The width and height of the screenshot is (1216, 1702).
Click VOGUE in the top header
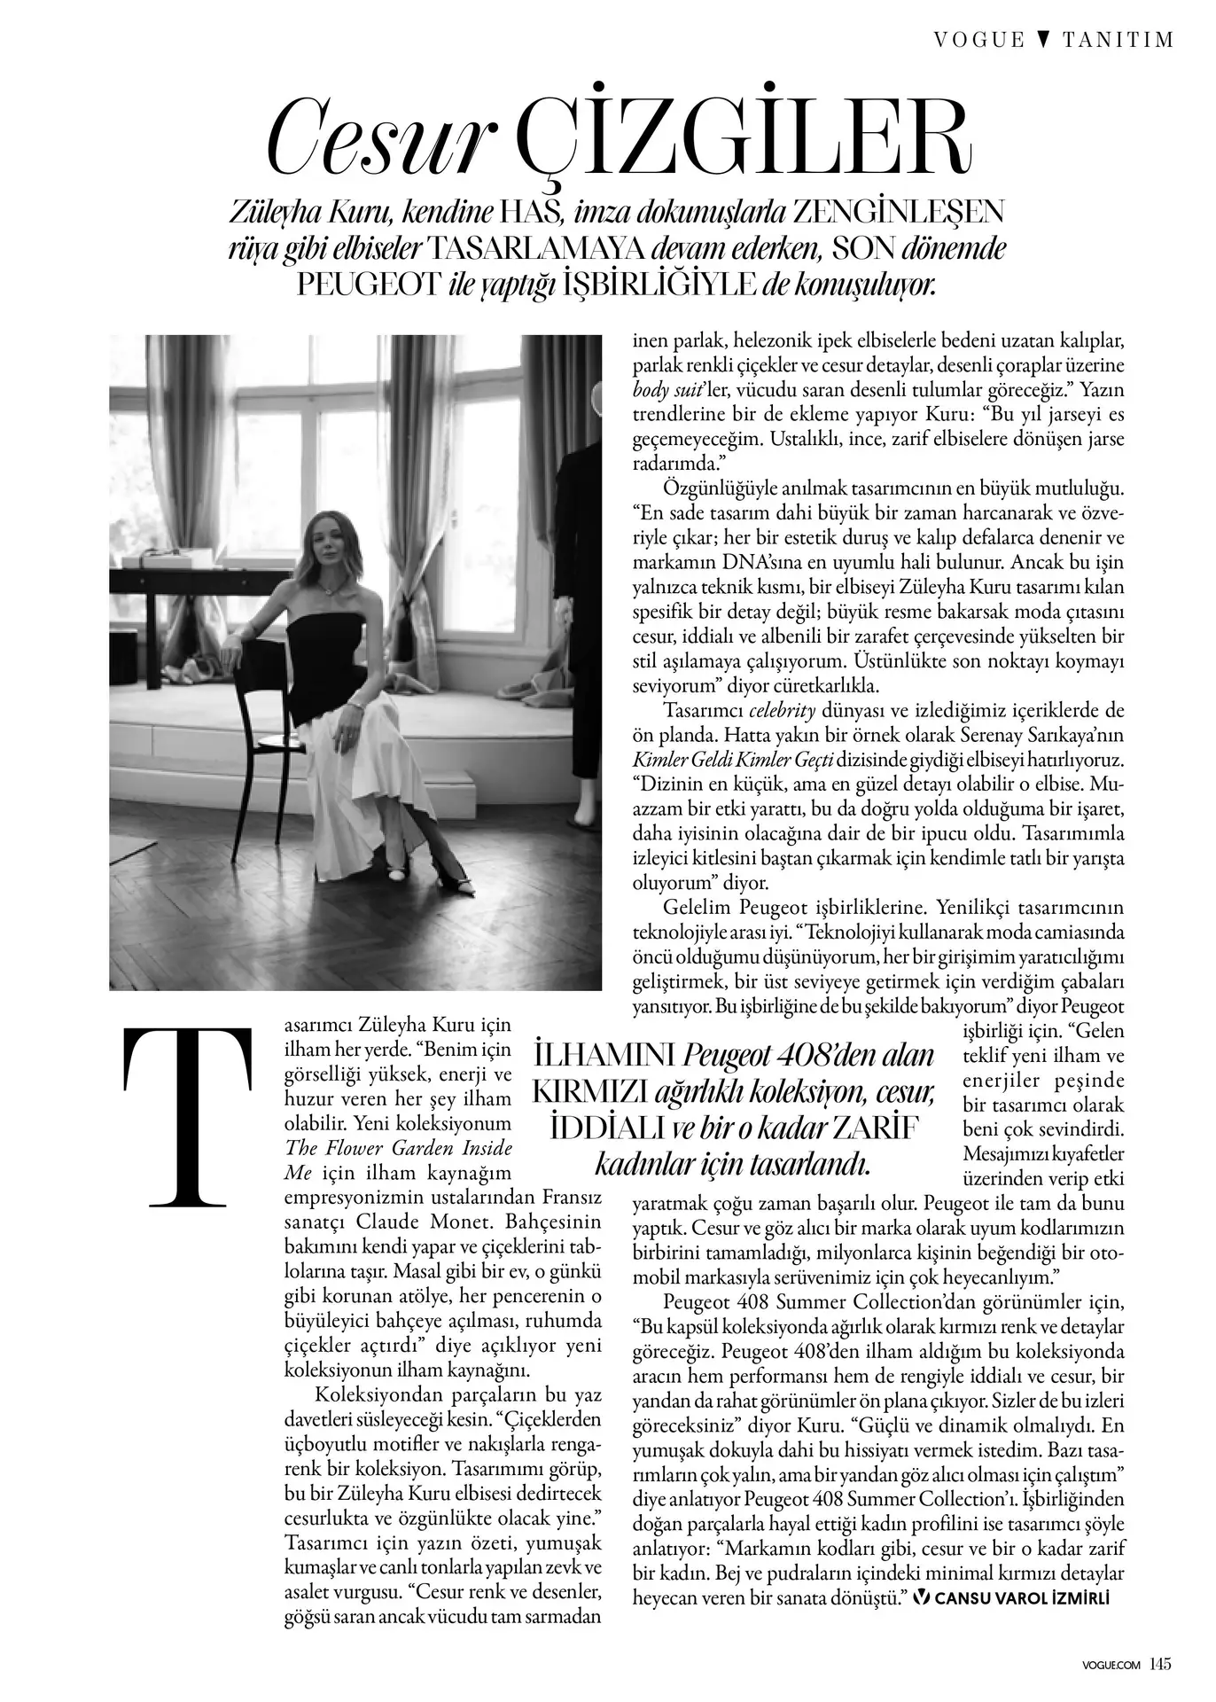pyautogui.click(x=978, y=40)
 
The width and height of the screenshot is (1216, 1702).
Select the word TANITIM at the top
pyautogui.click(x=1118, y=40)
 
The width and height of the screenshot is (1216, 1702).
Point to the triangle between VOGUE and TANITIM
pyautogui.click(x=1043, y=40)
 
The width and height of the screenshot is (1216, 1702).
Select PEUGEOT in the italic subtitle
pyautogui.click(x=368, y=285)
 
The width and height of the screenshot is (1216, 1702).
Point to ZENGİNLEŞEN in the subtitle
pyautogui.click(x=899, y=213)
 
